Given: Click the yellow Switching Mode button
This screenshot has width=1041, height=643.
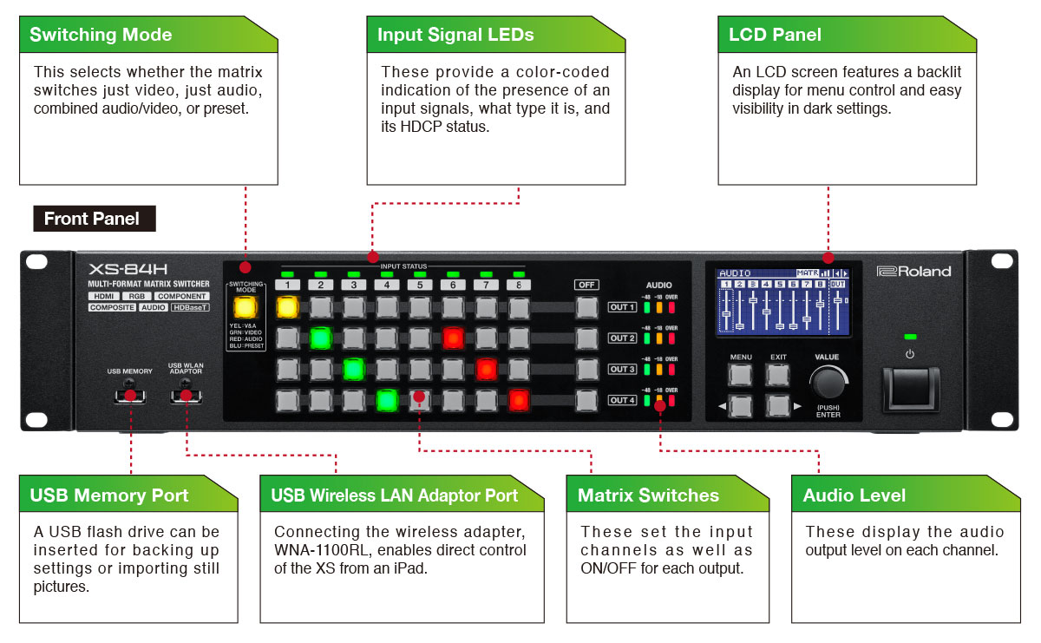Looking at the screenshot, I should (x=246, y=307).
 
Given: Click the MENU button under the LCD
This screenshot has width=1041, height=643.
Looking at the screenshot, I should (x=740, y=375).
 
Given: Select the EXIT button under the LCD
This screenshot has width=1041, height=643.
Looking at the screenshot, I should (x=778, y=375).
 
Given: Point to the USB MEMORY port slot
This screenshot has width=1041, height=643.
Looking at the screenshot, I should (x=130, y=396).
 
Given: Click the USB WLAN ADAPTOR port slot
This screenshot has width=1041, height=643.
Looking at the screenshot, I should (x=185, y=396).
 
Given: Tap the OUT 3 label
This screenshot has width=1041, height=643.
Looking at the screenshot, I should (x=622, y=369).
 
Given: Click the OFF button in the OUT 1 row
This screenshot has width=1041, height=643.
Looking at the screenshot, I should (x=586, y=306).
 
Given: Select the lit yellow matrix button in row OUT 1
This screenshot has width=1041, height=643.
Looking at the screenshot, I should (x=287, y=306).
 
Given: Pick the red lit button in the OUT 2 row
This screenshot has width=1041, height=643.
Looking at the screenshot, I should (x=453, y=338).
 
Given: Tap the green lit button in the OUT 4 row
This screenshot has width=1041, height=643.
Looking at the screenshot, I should (x=387, y=400).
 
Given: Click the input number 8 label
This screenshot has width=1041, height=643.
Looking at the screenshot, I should (x=518, y=285).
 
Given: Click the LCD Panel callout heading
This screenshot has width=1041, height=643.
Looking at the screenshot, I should (x=775, y=36).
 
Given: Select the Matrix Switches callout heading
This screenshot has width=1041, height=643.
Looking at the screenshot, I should (x=648, y=495).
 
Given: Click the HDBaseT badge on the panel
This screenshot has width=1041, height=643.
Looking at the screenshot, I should (x=189, y=307).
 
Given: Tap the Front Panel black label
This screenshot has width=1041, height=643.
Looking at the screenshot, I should (x=92, y=219).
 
